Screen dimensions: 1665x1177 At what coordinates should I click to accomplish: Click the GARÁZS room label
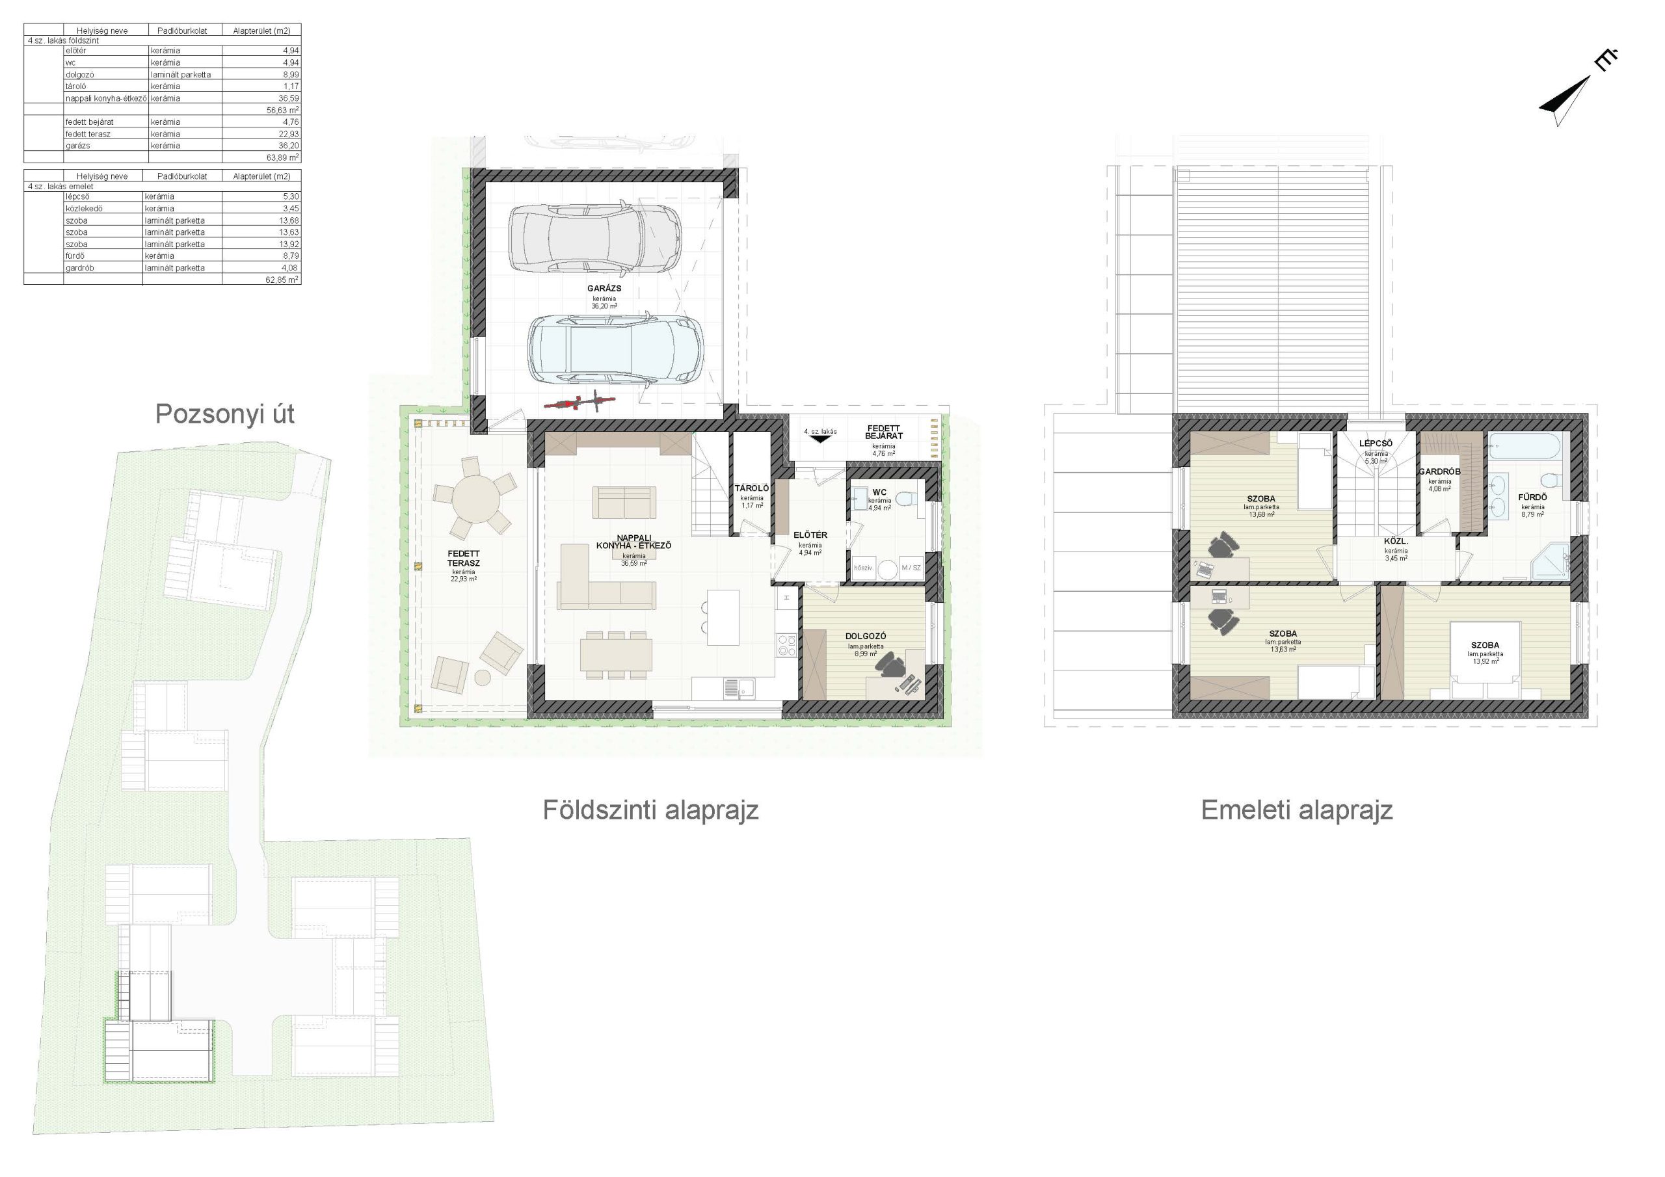coord(604,289)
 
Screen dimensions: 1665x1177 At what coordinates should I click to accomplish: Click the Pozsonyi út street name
coord(225,414)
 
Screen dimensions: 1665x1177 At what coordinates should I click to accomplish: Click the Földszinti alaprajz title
coord(650,810)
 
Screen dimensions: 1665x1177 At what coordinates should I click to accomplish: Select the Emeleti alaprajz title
coord(1297,810)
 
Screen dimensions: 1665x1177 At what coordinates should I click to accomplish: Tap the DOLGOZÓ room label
coord(866,637)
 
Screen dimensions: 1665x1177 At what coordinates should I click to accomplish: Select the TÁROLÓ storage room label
coord(751,489)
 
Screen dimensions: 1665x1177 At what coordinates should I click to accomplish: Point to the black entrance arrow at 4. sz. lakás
coord(820,439)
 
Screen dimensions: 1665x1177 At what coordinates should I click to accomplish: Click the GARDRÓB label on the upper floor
coord(1439,472)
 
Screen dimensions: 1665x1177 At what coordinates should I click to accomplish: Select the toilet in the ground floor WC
coord(904,499)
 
